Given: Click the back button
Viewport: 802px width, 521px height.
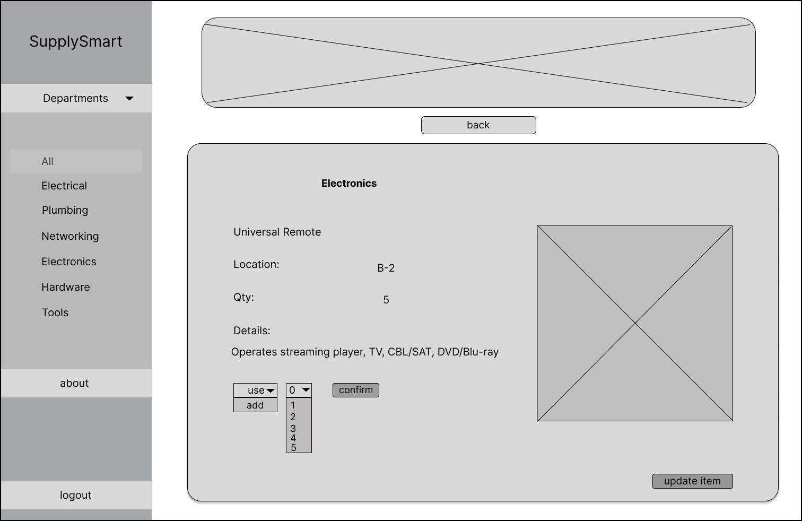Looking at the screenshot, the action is pyautogui.click(x=478, y=125).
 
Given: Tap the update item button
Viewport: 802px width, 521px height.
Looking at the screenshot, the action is pyautogui.click(x=692, y=481).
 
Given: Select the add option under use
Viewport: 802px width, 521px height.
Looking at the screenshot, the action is pyautogui.click(x=255, y=405).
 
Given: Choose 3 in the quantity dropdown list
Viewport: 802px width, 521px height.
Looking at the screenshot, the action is pyautogui.click(x=293, y=428).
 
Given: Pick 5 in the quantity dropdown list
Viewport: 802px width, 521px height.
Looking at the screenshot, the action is pyautogui.click(x=294, y=448).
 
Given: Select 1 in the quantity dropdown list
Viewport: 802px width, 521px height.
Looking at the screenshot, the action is pyautogui.click(x=293, y=405).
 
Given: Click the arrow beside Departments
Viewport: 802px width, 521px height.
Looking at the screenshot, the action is pyautogui.click(x=129, y=98).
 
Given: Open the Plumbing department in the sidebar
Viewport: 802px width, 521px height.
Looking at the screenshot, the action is pyautogui.click(x=65, y=210).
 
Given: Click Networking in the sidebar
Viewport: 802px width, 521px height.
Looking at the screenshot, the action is pyautogui.click(x=70, y=236).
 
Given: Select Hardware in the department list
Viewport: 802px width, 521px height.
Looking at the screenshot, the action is pyautogui.click(x=66, y=287).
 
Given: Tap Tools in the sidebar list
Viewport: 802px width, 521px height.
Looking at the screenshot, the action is pyautogui.click(x=55, y=312).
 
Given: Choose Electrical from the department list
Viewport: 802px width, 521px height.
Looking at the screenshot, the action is pyautogui.click(x=64, y=186).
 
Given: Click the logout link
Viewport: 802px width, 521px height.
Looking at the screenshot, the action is pyautogui.click(x=75, y=495).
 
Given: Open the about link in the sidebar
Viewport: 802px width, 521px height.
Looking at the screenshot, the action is pyautogui.click(x=74, y=383).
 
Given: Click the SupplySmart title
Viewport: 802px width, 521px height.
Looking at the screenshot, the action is pyautogui.click(x=75, y=41).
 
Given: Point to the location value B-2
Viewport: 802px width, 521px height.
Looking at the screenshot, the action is pyautogui.click(x=386, y=268).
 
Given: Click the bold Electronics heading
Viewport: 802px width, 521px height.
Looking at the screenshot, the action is pyautogui.click(x=349, y=184).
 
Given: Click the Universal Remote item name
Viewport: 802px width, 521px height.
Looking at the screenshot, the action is pyautogui.click(x=277, y=232).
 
